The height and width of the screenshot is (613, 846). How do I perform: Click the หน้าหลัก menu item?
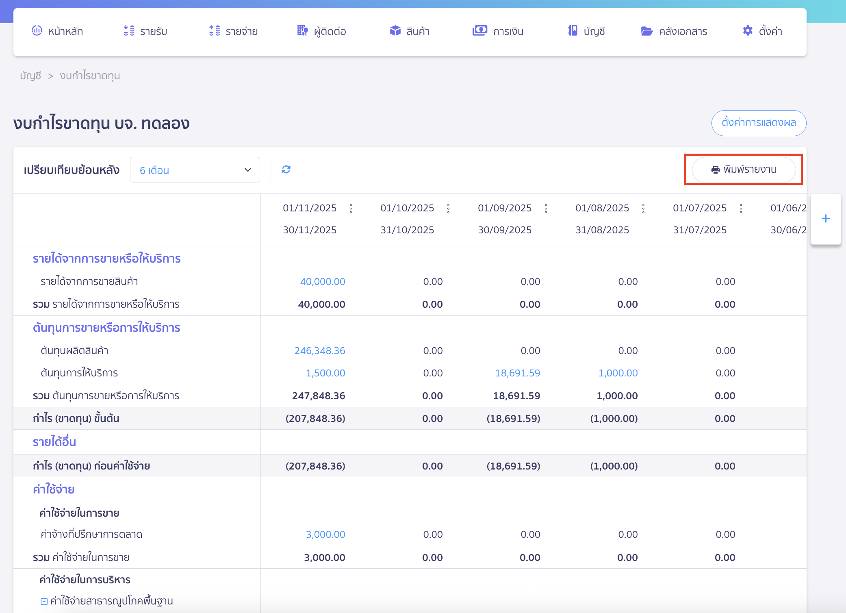point(57,31)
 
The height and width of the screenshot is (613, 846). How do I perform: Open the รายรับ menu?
point(145,31)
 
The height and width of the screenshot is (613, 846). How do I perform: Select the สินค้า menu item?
point(410,31)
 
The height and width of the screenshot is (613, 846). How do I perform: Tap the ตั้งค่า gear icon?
point(748,30)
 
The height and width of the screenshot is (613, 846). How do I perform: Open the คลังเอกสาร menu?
point(674,31)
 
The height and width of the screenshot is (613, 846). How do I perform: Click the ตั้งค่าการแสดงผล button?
point(759,123)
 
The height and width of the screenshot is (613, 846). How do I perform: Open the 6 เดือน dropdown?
point(195,170)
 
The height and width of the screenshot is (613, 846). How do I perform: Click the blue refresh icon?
point(286,170)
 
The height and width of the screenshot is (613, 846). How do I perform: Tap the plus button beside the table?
point(826,219)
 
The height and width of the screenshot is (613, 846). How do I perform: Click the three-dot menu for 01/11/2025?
point(351,209)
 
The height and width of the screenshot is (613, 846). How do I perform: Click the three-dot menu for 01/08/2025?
point(643,209)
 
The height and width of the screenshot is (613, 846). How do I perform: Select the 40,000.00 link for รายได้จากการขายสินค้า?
point(323,281)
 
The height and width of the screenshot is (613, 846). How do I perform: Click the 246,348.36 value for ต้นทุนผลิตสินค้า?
point(320,350)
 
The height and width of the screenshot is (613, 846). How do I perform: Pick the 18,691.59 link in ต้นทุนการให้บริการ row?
point(518,373)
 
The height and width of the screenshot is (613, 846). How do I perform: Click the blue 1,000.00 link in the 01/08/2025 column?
point(618,373)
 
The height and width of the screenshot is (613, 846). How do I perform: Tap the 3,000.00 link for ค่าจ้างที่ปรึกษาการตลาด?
point(325,534)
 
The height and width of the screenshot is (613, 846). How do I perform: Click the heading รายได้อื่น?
point(54,442)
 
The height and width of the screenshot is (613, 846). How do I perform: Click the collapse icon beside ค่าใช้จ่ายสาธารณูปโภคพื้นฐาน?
point(44,601)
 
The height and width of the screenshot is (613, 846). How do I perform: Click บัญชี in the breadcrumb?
point(30,76)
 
